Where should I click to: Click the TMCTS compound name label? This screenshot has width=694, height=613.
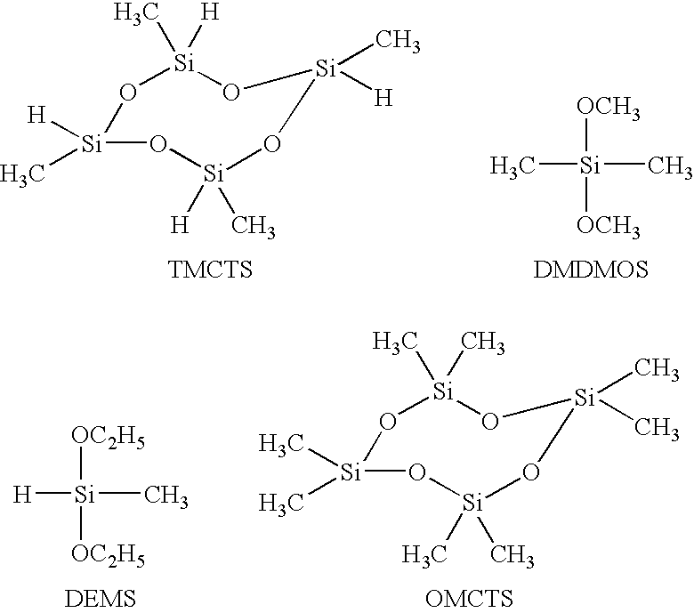210,270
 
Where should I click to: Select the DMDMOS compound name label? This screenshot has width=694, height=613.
591,270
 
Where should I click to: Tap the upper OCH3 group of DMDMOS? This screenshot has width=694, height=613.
608,108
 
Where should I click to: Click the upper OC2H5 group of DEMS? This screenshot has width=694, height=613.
109,439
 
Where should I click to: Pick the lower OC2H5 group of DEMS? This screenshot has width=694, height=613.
109,555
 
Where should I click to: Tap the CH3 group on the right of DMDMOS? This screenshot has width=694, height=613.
668,167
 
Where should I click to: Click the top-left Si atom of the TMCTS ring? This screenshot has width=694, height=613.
183,63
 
